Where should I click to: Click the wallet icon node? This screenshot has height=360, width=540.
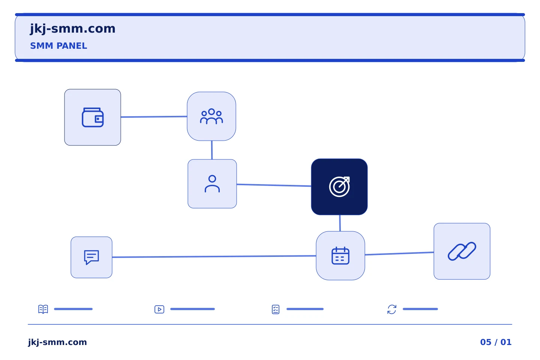(x=93, y=117)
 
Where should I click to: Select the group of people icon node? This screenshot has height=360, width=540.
(x=211, y=116)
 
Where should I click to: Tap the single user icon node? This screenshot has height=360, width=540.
(x=212, y=184)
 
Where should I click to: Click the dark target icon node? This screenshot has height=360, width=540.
(x=339, y=187)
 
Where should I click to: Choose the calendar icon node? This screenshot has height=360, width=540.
(x=340, y=256)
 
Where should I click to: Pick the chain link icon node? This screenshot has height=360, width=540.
(x=462, y=251)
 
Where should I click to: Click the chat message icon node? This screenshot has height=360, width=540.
(x=91, y=257)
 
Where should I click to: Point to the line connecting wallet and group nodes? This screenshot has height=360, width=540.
(x=154, y=117)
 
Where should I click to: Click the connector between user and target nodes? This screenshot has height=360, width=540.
(x=274, y=185)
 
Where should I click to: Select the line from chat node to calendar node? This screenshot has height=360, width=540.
(x=214, y=256)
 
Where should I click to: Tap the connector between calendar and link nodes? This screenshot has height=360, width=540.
(x=399, y=253)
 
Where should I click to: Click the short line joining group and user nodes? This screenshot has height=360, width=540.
(x=212, y=150)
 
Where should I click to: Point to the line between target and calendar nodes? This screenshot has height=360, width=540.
(x=340, y=223)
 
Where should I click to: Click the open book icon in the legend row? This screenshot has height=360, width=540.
(x=43, y=309)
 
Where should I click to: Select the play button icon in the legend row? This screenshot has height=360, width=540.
(x=159, y=309)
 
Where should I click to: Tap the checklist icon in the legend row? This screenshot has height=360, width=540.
(x=276, y=309)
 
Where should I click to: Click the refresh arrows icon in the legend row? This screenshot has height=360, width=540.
(x=392, y=309)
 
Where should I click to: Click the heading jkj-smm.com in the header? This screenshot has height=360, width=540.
(x=73, y=29)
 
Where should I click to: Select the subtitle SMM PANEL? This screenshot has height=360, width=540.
(x=58, y=46)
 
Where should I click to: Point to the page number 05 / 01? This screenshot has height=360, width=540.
(x=496, y=342)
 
